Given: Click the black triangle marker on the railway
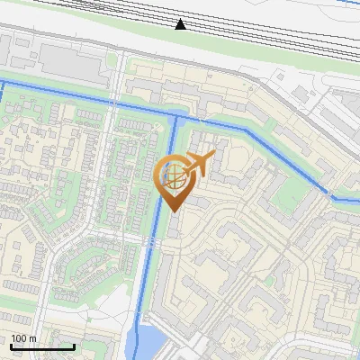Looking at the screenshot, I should (181, 23).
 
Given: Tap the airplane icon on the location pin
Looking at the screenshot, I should (199, 164).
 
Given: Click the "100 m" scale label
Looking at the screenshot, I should (23, 338).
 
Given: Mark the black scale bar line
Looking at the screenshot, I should (42, 346).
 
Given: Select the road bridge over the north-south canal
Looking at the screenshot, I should (152, 240).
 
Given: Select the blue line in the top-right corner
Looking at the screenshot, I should (346, 3).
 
